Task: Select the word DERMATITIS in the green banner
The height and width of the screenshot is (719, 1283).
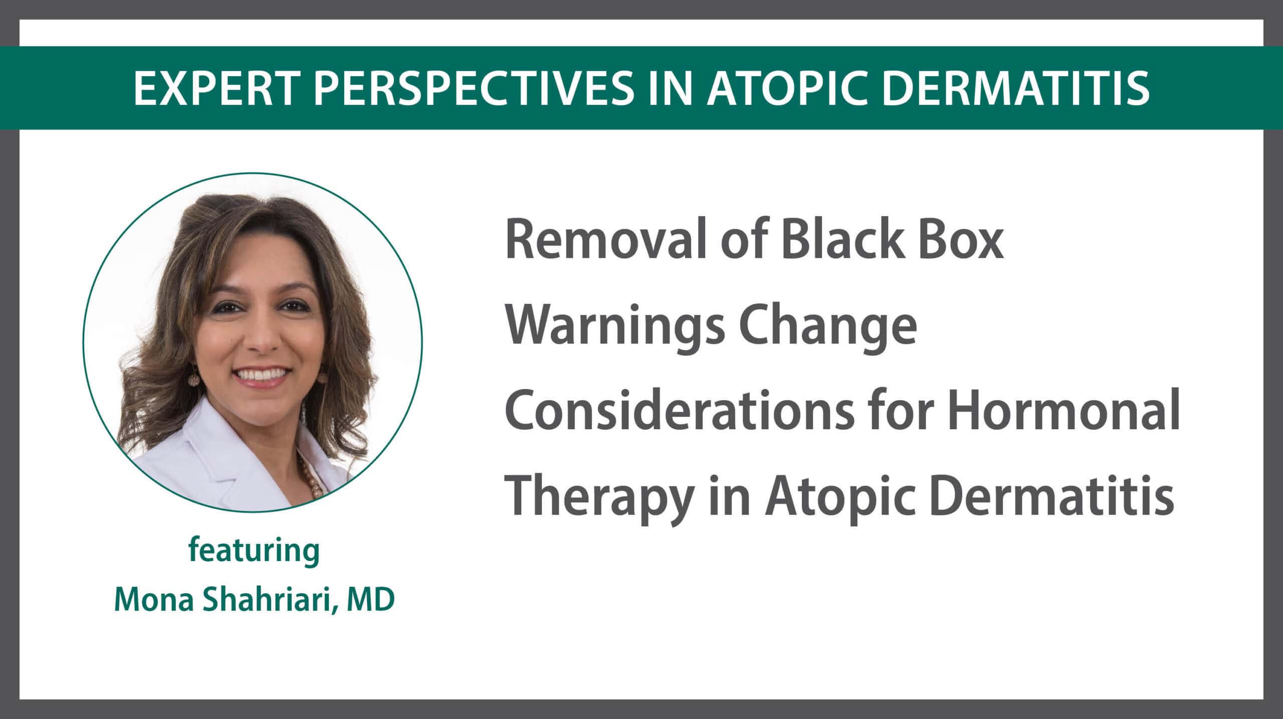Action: [1024, 88]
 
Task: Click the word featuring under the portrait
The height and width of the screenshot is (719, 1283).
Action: [254, 552]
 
